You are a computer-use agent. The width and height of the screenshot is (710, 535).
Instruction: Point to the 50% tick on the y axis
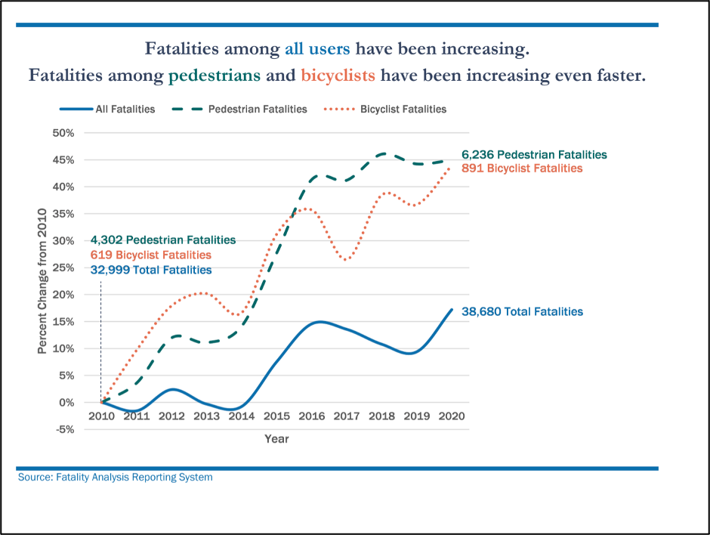click(x=63, y=133)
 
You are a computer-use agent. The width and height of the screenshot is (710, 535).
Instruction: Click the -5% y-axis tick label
click(x=65, y=429)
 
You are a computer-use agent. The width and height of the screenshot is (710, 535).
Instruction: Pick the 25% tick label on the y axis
click(x=63, y=267)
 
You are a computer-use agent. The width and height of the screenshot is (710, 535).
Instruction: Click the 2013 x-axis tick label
click(x=206, y=416)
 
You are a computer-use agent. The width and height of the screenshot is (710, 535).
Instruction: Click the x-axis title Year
click(x=276, y=438)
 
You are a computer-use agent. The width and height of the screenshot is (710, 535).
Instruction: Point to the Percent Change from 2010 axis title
click(x=42, y=281)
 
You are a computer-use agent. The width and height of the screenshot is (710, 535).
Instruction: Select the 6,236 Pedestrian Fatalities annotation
click(x=534, y=154)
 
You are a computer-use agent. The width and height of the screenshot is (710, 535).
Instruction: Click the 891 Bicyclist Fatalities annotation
click(x=522, y=168)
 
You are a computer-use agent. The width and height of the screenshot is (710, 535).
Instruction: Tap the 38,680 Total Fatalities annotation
click(x=522, y=311)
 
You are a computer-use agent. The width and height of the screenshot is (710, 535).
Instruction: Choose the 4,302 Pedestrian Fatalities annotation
click(x=162, y=240)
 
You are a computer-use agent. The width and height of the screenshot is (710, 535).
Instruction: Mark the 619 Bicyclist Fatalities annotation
click(x=150, y=255)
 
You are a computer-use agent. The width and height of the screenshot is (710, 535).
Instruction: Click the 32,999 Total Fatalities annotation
click(x=150, y=270)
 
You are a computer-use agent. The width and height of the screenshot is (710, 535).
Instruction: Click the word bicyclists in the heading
click(x=338, y=76)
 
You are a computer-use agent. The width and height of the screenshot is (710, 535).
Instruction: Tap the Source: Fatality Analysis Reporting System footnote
click(x=115, y=477)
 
